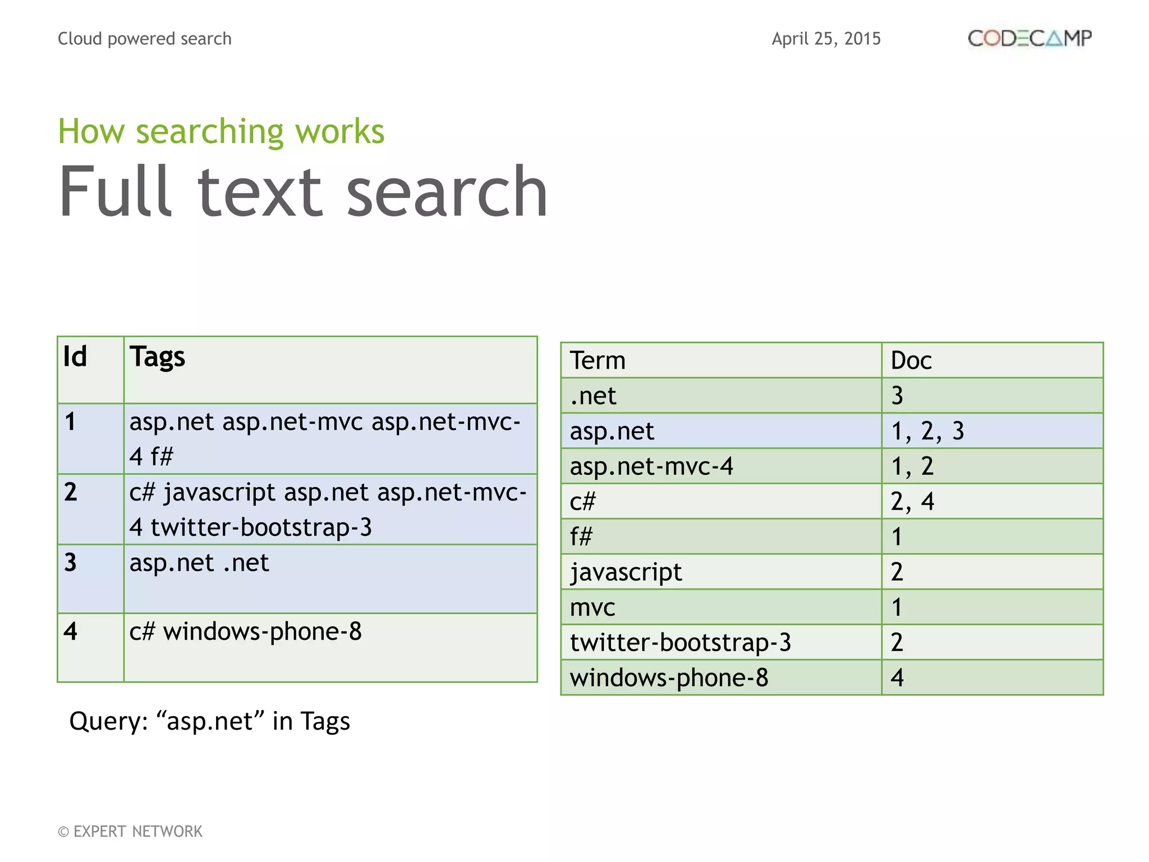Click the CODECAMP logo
coord(1029,38)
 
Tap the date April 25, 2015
coord(826,39)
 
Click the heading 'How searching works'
coord(221,131)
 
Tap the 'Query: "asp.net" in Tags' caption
coord(209,721)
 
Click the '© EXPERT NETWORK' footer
coord(130,831)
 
